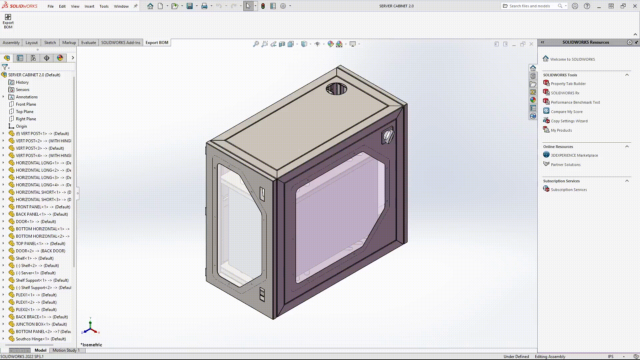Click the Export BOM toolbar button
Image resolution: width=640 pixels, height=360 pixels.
8,21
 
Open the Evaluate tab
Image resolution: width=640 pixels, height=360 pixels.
88,43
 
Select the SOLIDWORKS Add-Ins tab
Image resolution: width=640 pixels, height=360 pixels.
121,43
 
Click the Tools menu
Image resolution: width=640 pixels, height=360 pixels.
104,6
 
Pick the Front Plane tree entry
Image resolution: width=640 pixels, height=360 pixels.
26,104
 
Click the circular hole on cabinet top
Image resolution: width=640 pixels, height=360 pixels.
336,89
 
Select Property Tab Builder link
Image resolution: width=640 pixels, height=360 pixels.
568,84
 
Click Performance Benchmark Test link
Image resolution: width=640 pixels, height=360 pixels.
575,102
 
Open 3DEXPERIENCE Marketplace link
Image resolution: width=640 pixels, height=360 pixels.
574,155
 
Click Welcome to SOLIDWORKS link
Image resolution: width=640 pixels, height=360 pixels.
572,59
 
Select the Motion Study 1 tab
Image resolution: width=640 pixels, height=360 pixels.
66,350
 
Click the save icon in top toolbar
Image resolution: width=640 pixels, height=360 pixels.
190,6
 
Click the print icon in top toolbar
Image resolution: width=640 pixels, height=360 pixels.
204,6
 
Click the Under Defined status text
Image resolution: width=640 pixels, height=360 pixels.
516,357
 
